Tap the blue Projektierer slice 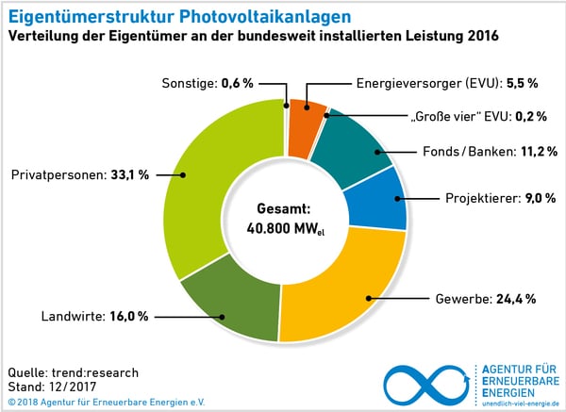coord(376,199)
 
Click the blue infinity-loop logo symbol coord(425,382)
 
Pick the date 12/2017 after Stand coord(79,387)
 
